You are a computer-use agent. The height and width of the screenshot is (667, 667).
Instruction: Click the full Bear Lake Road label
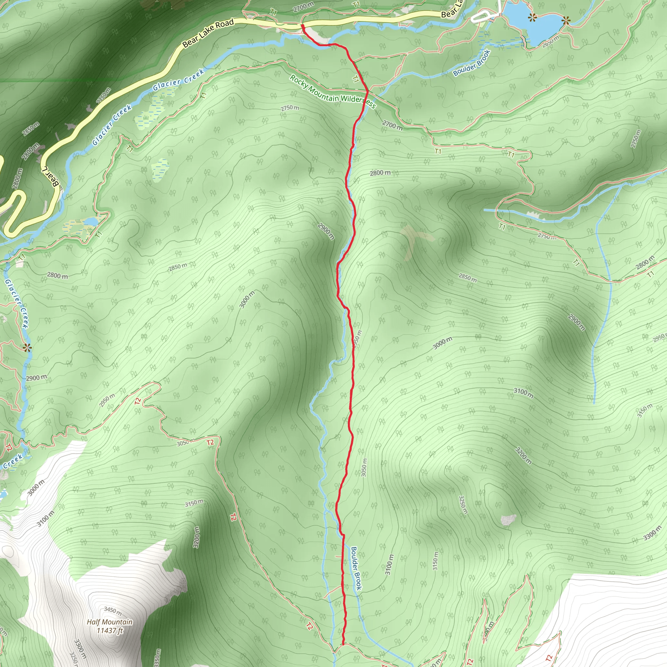(208, 33)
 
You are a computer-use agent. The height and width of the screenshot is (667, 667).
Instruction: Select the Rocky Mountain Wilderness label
(333, 92)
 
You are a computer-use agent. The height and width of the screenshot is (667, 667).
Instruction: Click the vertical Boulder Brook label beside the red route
(356, 568)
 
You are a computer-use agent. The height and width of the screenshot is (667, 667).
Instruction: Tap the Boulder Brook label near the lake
(472, 63)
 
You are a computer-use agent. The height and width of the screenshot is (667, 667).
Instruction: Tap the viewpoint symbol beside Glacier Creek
(27, 347)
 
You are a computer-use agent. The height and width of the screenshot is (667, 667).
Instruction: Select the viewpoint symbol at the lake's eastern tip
(565, 21)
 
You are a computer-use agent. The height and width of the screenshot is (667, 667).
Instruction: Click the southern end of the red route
(344, 644)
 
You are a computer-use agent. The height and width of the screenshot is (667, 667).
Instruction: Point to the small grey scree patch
(508, 519)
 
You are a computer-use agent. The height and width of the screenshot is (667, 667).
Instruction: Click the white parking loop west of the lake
(482, 17)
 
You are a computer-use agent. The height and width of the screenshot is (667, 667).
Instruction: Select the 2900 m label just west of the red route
(326, 231)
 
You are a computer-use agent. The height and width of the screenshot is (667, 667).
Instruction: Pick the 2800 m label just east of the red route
(380, 173)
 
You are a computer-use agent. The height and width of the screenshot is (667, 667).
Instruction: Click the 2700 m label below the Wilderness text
(392, 125)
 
